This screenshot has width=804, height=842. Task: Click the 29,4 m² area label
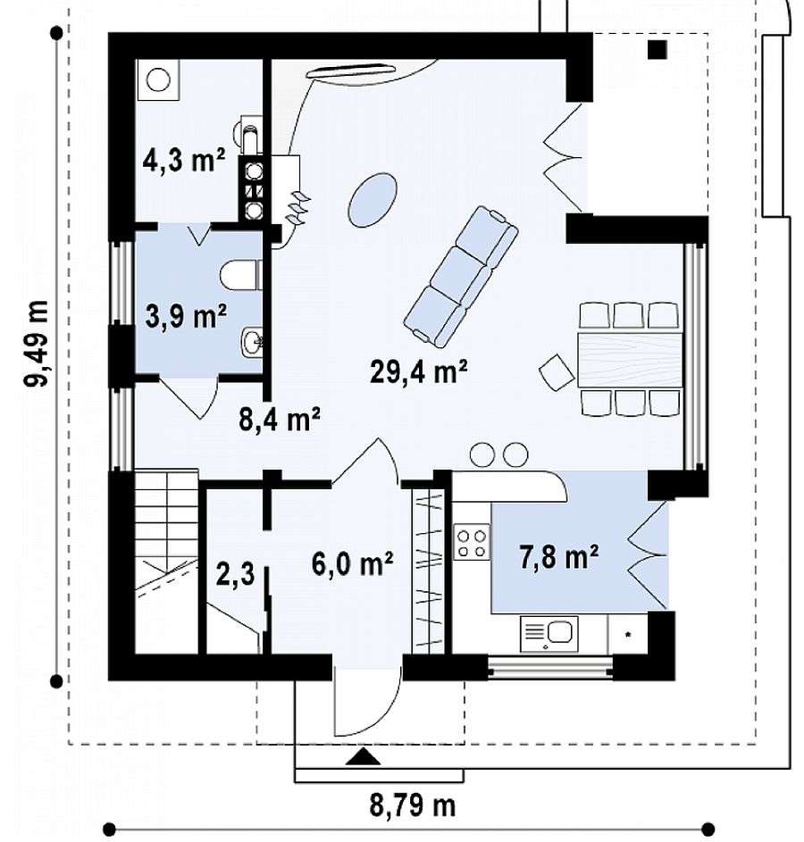(418, 371)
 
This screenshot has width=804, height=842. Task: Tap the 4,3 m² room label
(184, 159)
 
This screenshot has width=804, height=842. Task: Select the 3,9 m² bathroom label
(186, 316)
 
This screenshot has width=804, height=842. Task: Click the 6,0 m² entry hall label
(352, 563)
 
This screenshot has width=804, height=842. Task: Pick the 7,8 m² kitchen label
(558, 556)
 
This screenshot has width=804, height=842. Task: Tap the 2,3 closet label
(235, 575)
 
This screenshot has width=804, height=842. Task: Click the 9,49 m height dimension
(37, 344)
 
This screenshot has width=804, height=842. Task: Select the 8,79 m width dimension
(412, 805)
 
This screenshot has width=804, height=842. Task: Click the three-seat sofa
(461, 276)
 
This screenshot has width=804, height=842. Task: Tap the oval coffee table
(373, 199)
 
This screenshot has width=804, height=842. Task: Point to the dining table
(630, 360)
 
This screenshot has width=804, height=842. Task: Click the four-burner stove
(472, 542)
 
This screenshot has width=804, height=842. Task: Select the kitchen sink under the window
(549, 634)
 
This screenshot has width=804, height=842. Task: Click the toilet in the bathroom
(240, 276)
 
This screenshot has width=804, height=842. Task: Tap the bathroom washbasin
(251, 341)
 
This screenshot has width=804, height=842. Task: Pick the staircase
(166, 561)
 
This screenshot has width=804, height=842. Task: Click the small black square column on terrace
(657, 49)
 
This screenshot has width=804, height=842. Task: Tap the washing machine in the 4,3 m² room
(158, 80)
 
